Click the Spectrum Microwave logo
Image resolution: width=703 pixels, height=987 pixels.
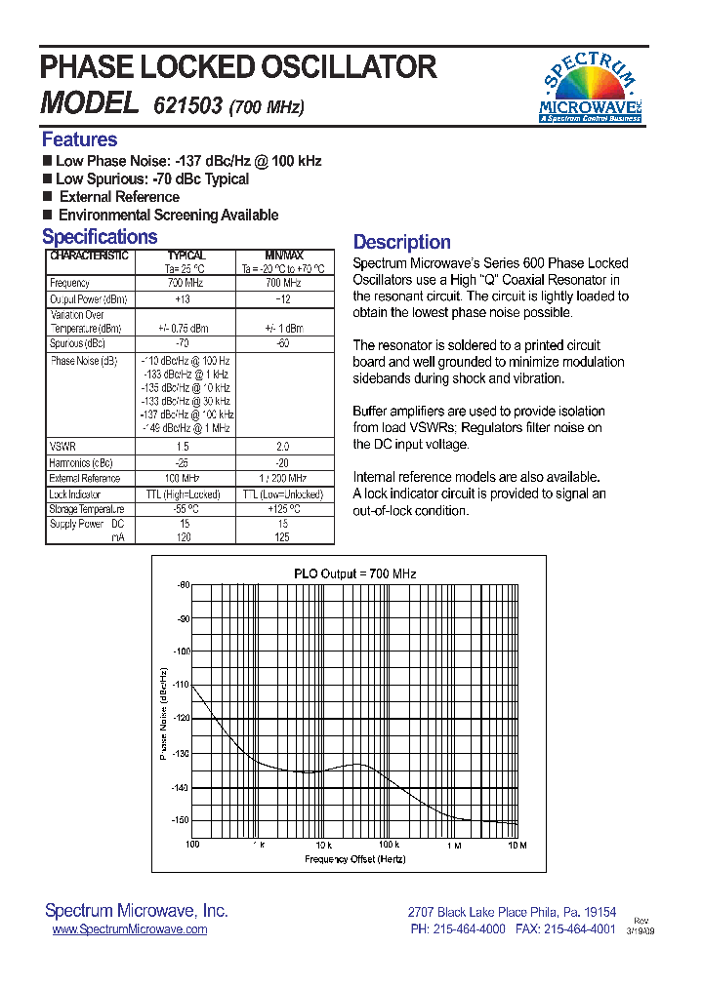(589, 89)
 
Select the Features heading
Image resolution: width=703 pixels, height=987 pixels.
(79, 139)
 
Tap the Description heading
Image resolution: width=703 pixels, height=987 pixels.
(401, 242)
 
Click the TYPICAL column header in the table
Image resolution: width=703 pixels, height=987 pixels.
(185, 256)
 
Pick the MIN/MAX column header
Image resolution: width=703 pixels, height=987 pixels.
(284, 256)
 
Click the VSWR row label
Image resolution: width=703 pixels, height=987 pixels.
(62, 446)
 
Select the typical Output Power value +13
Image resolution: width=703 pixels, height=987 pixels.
(184, 299)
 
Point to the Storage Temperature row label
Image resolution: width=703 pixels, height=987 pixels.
(88, 509)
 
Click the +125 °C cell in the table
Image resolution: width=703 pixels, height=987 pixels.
(284, 509)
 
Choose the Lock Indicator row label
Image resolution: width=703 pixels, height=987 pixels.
(75, 494)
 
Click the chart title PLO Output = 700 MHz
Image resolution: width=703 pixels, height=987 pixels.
(354, 573)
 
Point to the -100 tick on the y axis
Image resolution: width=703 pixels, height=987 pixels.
(181, 651)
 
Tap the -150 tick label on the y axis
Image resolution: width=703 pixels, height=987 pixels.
(181, 820)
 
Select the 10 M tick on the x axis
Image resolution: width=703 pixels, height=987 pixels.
(517, 845)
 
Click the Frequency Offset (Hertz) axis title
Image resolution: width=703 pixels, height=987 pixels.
(354, 859)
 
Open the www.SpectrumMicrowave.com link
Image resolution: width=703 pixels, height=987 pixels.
(129, 929)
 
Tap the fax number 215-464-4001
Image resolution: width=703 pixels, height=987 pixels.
(578, 929)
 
